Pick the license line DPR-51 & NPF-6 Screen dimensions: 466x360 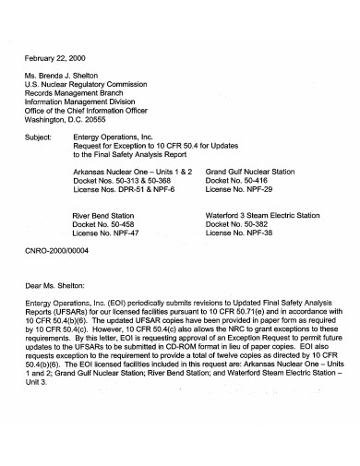[x=121, y=191]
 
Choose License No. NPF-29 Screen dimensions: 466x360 [x=237, y=191]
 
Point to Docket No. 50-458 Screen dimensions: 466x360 [x=102, y=224]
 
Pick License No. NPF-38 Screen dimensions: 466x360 [x=237, y=233]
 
